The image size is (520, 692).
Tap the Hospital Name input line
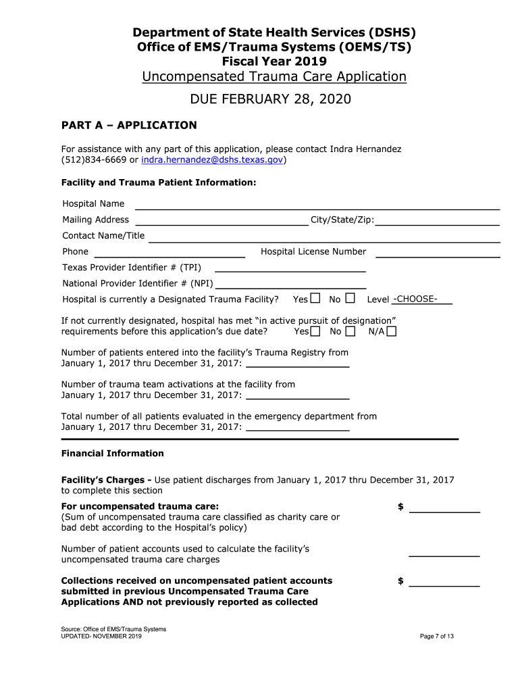point(317,204)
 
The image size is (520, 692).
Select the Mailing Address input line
point(222,220)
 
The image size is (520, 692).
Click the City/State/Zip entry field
point(437,220)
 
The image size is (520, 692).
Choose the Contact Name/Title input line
point(324,236)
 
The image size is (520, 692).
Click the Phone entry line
point(169,252)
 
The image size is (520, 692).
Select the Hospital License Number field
point(438,252)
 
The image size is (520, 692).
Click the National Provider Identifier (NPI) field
point(290,284)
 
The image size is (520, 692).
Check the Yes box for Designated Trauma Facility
point(315,299)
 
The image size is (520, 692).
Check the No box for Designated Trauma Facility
point(350,299)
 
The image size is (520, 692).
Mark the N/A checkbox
point(392,331)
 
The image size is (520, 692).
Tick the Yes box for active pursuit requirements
point(316,331)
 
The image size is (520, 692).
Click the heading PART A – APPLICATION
point(129,125)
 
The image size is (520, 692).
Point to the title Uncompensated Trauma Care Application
point(274,76)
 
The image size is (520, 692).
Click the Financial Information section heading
point(112,453)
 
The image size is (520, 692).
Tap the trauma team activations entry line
point(298,395)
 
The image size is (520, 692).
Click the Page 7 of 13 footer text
point(436,637)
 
